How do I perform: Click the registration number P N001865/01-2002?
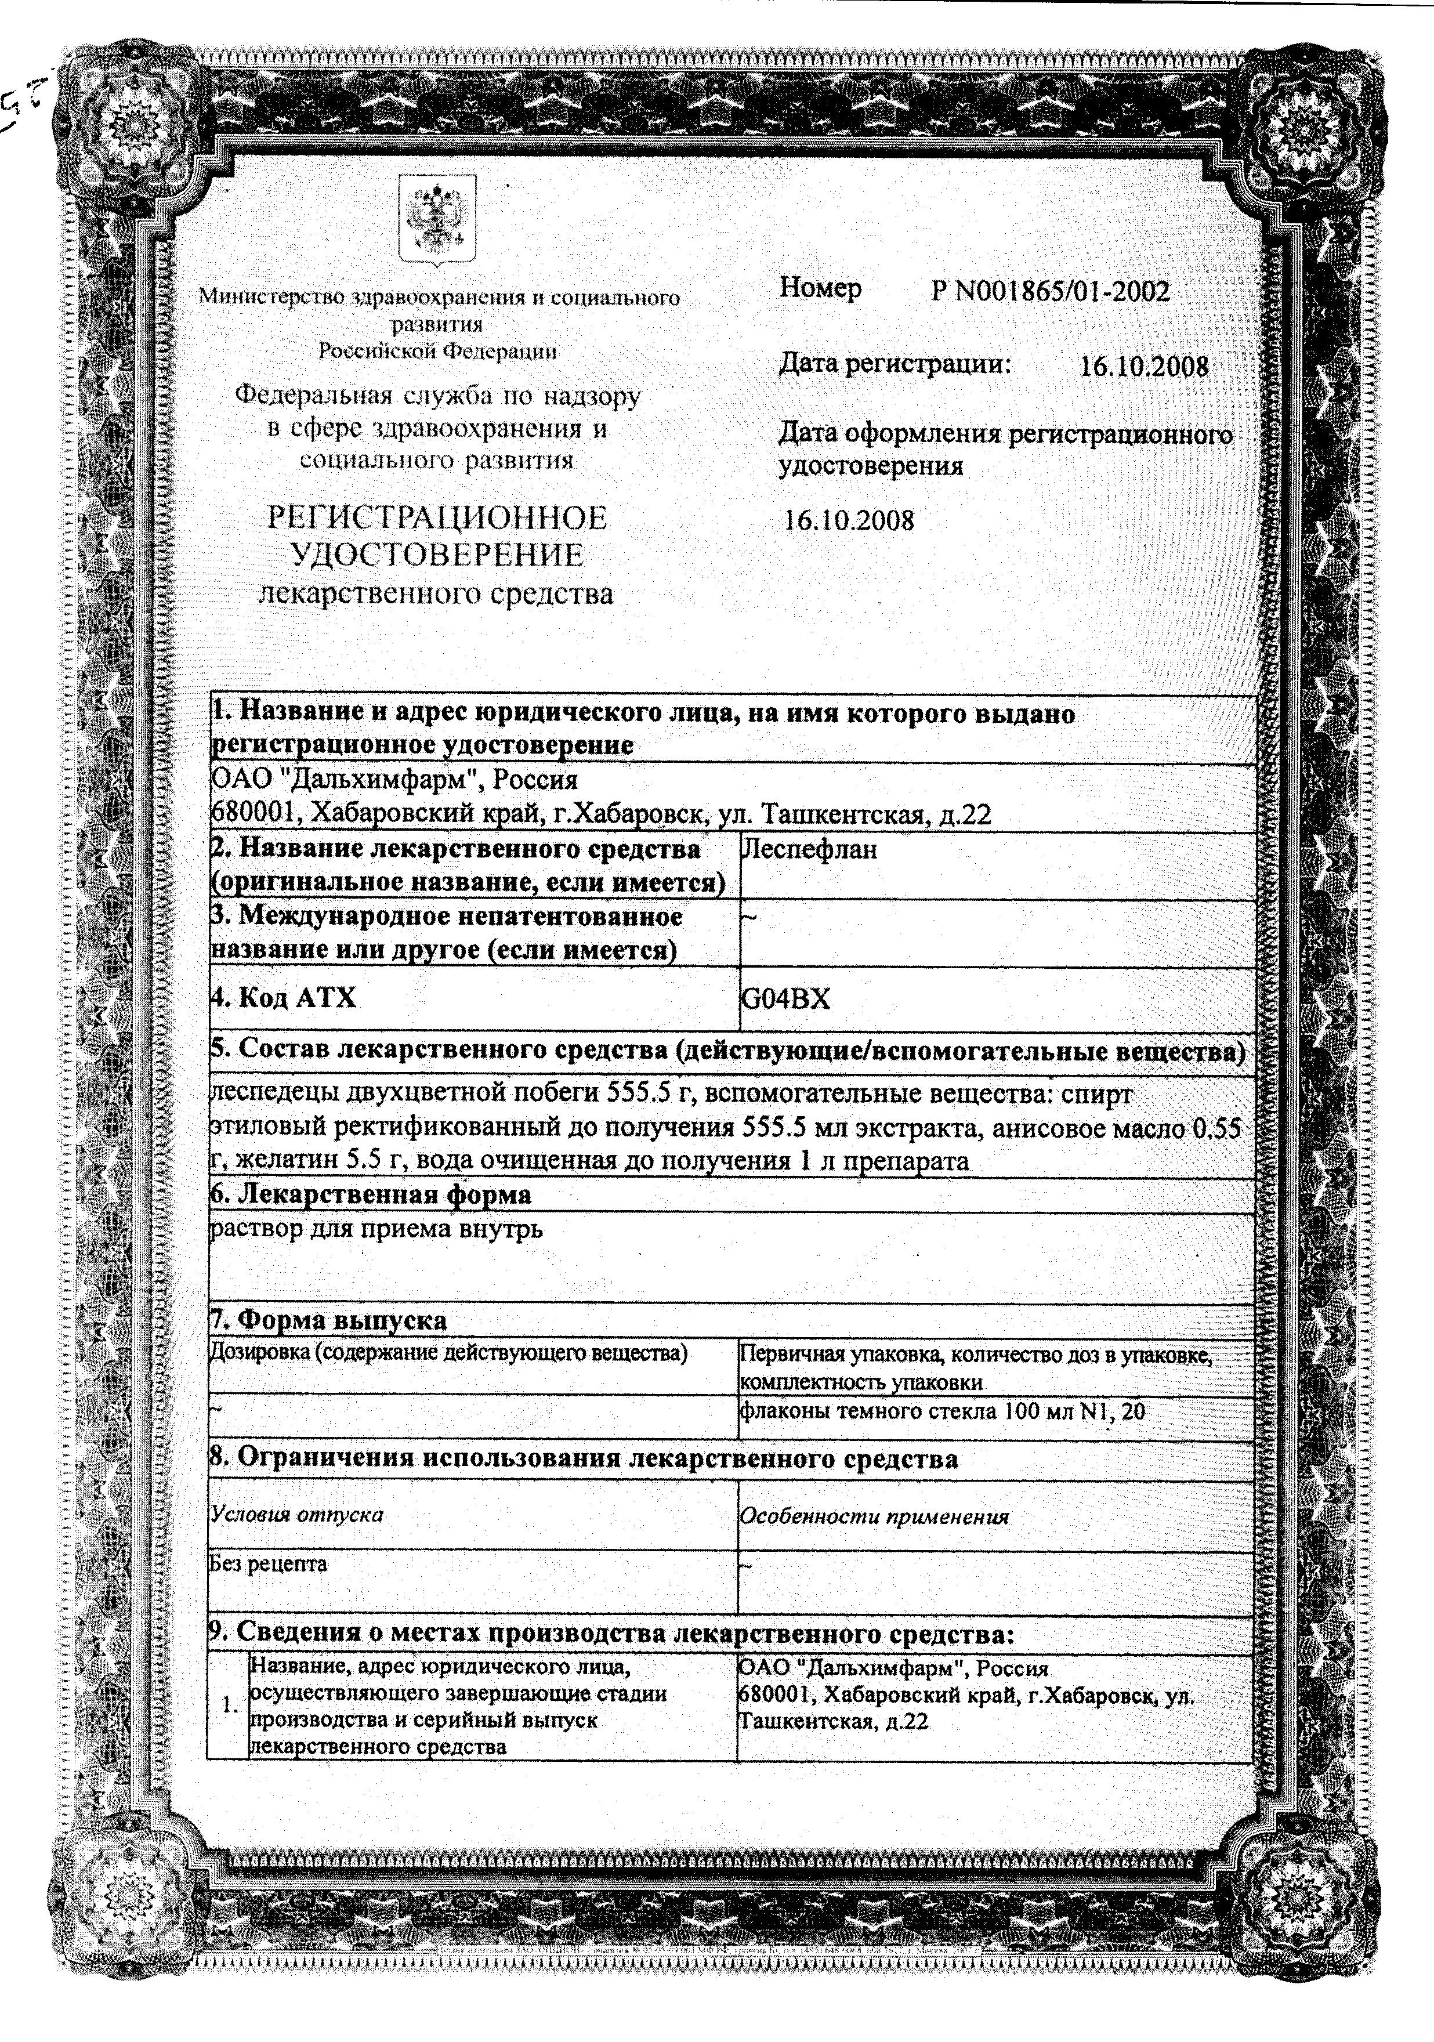[x=1050, y=291]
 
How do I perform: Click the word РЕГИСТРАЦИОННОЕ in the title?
[x=437, y=517]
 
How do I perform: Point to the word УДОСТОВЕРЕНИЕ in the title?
[x=437, y=555]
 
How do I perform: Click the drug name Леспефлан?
[x=809, y=849]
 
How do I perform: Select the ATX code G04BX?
[x=785, y=999]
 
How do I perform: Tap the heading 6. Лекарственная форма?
[x=370, y=1194]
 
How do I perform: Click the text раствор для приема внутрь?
[x=375, y=1229]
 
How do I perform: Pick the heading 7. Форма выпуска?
[x=328, y=1320]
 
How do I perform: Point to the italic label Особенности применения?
[x=874, y=1516]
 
